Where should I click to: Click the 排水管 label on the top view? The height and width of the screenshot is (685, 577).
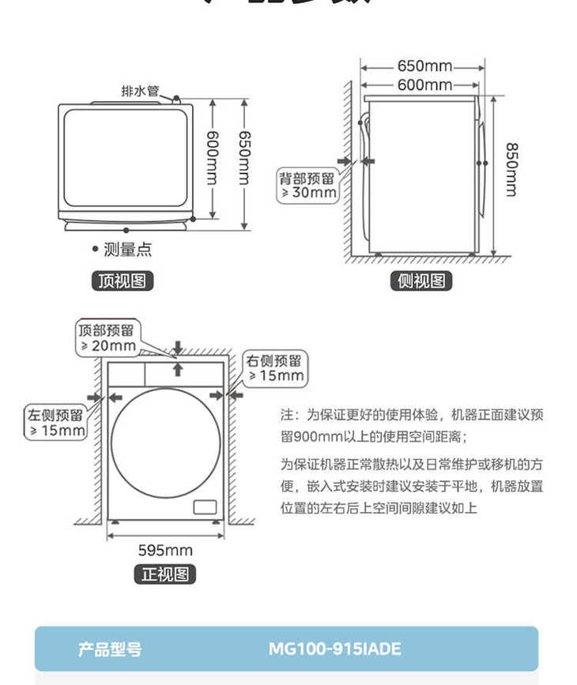pos(140,91)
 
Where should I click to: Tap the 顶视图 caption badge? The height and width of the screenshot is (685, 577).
pos(122,280)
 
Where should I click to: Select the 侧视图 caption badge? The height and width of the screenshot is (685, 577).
pos(420,280)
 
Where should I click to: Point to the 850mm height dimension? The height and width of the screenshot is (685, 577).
pos(511,168)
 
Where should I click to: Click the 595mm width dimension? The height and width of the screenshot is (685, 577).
pos(165,551)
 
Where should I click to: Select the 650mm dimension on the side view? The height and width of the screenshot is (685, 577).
pos(424,65)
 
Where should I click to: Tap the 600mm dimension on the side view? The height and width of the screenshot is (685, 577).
pos(424,85)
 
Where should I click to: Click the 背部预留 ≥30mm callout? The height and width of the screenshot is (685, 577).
pos(307,185)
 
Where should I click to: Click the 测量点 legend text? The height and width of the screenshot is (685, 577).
pos(127,250)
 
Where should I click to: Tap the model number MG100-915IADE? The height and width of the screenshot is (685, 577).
pos(334,649)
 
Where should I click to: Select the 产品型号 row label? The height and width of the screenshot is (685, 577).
pos(111,649)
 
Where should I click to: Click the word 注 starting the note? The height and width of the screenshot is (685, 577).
pos(286,414)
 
